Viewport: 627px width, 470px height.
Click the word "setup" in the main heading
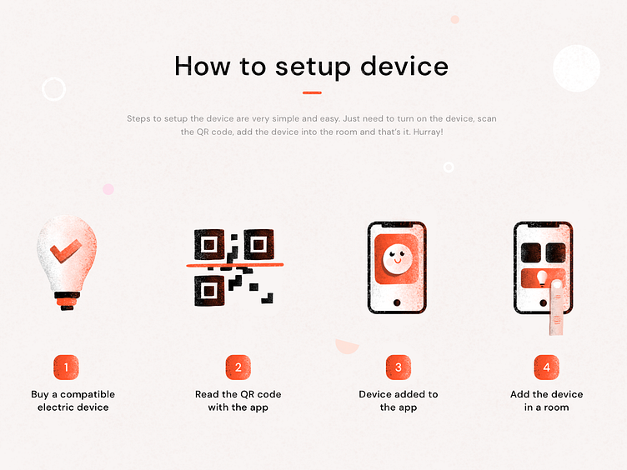pos(313,67)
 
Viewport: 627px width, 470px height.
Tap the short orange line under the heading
pos(312,92)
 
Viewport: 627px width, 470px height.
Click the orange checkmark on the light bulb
pos(65,251)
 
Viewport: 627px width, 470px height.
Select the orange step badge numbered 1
pos(66,367)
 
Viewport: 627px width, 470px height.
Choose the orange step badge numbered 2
pos(238,367)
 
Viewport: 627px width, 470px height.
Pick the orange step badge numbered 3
pos(399,367)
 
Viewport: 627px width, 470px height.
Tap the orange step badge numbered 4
pos(547,367)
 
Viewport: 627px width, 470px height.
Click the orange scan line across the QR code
pos(235,264)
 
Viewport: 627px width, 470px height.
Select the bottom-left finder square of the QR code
pos(209,291)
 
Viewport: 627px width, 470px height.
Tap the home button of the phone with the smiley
pos(397,302)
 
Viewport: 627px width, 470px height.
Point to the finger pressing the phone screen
pos(557,307)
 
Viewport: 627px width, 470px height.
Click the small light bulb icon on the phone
pos(542,278)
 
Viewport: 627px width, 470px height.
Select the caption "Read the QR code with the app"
pos(238,401)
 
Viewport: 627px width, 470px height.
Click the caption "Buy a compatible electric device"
pos(73,401)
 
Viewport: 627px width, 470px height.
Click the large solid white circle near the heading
pos(577,68)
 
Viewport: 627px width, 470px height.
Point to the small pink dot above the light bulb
pos(108,189)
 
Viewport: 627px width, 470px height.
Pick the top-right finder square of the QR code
pos(258,244)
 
